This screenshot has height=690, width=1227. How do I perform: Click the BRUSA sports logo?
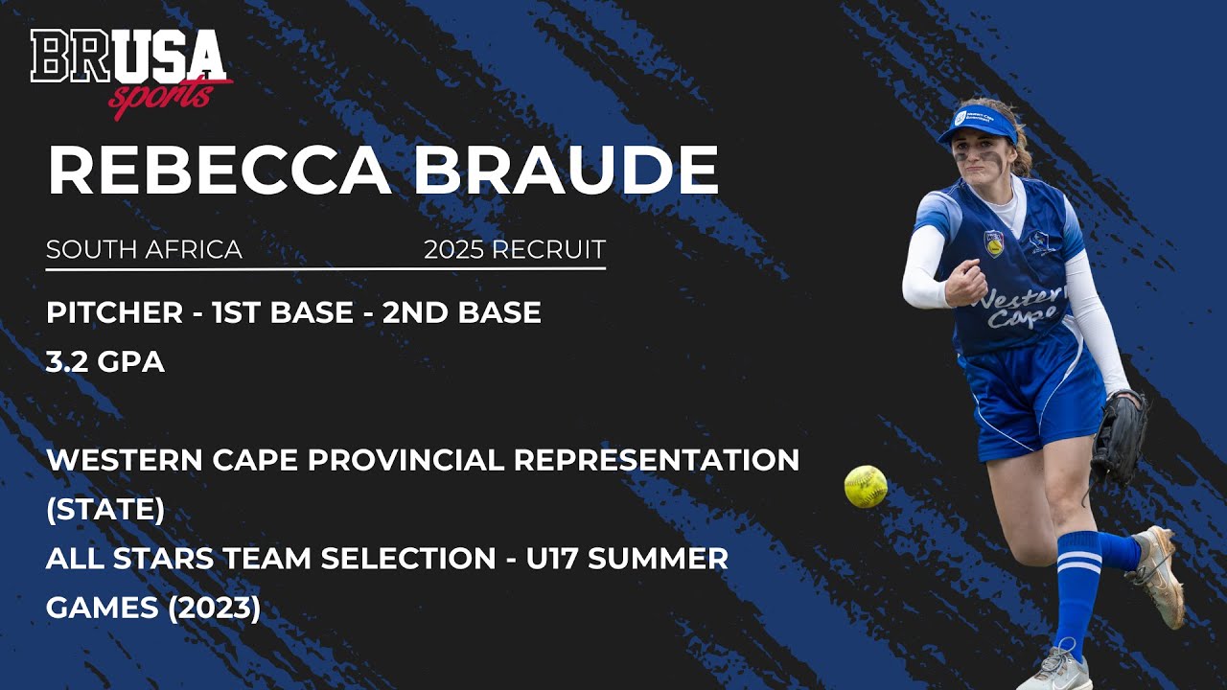pos(131,72)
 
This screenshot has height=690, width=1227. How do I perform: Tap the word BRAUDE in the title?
pos(566,172)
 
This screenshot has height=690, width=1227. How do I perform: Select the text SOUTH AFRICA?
pos(144,250)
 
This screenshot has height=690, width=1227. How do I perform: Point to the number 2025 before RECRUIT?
pos(453,250)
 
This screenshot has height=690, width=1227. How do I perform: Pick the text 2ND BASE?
pos(462,312)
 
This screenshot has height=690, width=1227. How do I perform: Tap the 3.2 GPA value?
pos(105,362)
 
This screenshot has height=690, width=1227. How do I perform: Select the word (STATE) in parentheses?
pos(105,510)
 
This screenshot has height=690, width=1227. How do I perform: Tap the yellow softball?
pos(865,486)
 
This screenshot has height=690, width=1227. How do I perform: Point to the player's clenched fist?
pos(964,283)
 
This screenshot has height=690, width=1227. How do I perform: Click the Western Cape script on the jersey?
pos(1020,307)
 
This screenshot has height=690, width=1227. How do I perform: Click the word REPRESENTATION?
pos(657,460)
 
